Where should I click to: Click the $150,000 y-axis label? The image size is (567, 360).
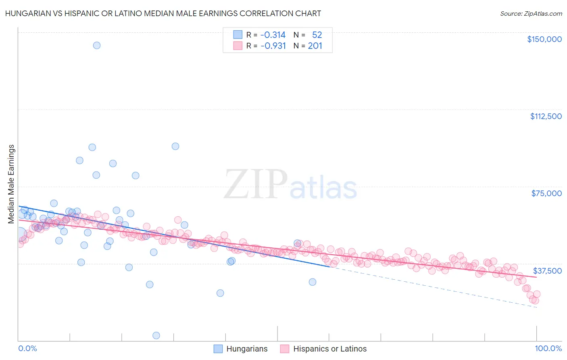pos(544,39)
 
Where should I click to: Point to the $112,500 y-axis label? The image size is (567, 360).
pos(546,116)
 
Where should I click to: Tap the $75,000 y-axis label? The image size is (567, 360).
pos(546,193)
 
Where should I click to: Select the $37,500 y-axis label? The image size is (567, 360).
pos(547,271)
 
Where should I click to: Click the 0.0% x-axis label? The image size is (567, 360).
pos(27,348)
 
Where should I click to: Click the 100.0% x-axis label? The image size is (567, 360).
pos(548,348)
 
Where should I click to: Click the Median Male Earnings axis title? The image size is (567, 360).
pos(11,184)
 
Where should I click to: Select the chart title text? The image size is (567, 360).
pos(163,13)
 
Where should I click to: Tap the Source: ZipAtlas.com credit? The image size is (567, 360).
pos(531,13)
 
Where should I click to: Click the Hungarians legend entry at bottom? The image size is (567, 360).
pos(246,349)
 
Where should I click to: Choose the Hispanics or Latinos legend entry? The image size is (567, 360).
pos(329,349)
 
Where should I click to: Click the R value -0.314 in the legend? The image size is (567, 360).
pos(273,35)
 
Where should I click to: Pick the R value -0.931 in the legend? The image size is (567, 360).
pos(273,46)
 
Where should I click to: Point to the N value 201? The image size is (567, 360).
pos(315,46)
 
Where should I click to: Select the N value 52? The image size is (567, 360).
pos(317,35)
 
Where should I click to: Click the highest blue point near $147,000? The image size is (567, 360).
pos(97,45)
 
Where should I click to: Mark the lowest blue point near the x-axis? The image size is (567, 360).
pos(156,335)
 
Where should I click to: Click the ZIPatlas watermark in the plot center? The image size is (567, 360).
pos(290,185)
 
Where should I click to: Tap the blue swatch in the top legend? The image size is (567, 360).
pos(238,35)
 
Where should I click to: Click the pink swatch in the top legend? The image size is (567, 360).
pos(238,46)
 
